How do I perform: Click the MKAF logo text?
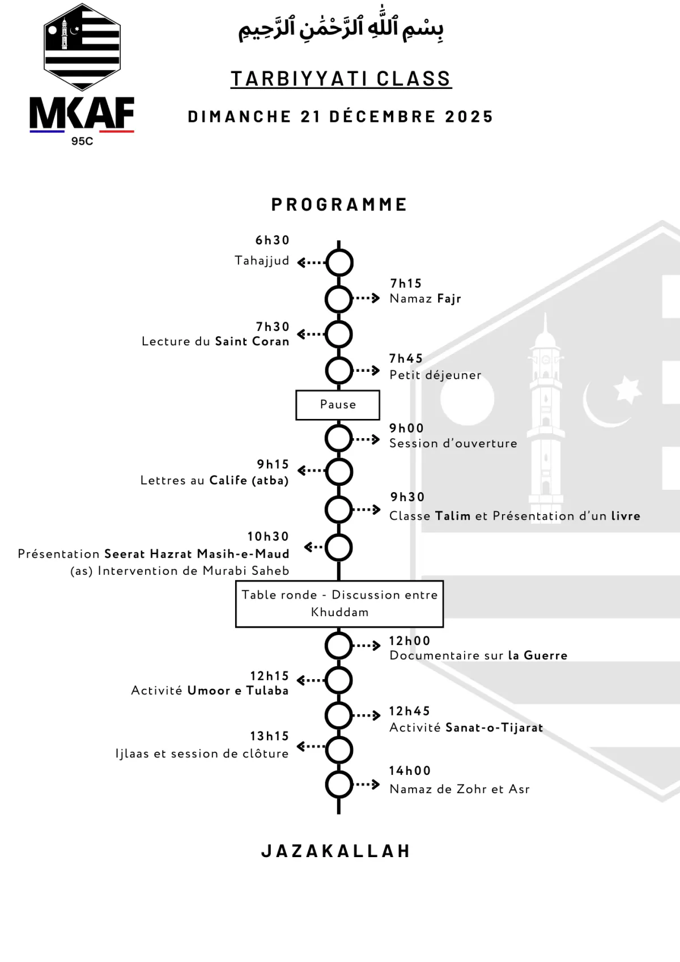pyautogui.click(x=82, y=112)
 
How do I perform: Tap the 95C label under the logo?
pyautogui.click(x=82, y=141)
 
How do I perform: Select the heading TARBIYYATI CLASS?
pyautogui.click(x=341, y=79)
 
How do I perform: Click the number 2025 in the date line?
pyautogui.click(x=469, y=117)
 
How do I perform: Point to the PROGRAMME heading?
pyautogui.click(x=339, y=205)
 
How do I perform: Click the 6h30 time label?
pyautogui.click(x=273, y=240)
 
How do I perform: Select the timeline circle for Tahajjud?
pyautogui.click(x=339, y=262)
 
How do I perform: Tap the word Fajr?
pyautogui.click(x=449, y=299)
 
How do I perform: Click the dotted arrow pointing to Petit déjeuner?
pyautogui.click(x=366, y=370)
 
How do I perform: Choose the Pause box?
pyautogui.click(x=337, y=405)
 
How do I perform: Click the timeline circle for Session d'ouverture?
pyautogui.click(x=339, y=438)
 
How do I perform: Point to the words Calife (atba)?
pyautogui.click(x=249, y=481)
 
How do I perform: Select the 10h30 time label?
pyautogui.click(x=268, y=536)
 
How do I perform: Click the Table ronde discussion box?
pyautogui.click(x=339, y=604)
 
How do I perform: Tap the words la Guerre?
pyautogui.click(x=537, y=655)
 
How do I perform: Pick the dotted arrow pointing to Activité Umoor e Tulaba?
pyautogui.click(x=311, y=680)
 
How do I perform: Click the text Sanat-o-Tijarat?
pyautogui.click(x=495, y=727)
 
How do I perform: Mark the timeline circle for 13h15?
pyautogui.click(x=339, y=750)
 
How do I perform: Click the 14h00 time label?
pyautogui.click(x=410, y=771)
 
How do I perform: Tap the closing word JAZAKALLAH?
pyautogui.click(x=335, y=851)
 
